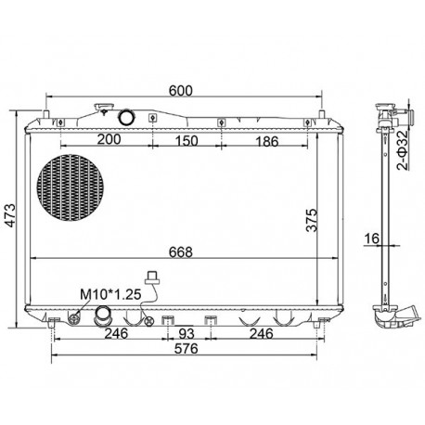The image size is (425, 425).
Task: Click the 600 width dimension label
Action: click(181, 90)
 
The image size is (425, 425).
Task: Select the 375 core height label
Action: click(312, 220)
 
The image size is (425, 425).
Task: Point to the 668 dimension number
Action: click(181, 251)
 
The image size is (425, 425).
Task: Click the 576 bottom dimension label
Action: click(186, 349)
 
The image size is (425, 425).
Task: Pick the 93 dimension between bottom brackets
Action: click(187, 333)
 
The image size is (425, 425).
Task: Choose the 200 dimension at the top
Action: click(109, 139)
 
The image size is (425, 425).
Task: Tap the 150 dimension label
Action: click(187, 141)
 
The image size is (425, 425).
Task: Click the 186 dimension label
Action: click(267, 141)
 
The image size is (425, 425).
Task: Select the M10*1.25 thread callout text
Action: click(110, 294)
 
